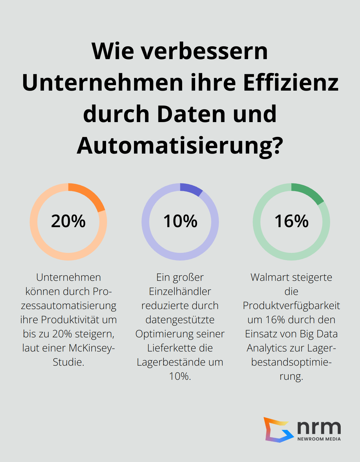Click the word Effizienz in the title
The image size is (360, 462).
coord(291,83)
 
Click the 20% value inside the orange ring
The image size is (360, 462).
coord(68,221)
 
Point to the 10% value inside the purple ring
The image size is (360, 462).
coord(180,221)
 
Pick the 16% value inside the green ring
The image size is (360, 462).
coord(292,221)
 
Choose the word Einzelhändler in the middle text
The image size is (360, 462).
coord(180,291)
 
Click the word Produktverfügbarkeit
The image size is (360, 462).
coord(291,306)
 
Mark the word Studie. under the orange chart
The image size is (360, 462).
coord(68,362)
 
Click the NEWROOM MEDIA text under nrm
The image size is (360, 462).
coord(319,439)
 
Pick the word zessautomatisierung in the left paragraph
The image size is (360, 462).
coord(68,306)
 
